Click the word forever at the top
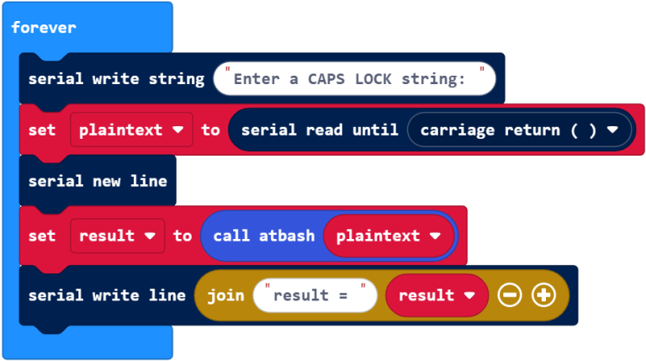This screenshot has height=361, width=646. [44, 28]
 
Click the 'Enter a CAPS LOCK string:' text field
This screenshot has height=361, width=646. [354, 79]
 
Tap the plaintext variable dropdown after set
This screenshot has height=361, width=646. [131, 130]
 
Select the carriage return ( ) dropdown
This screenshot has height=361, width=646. [518, 130]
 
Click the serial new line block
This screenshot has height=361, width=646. [98, 181]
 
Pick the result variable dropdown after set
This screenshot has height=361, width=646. [117, 236]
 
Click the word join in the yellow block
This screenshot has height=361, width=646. [225, 295]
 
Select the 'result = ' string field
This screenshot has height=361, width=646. [315, 295]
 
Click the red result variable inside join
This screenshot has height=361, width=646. [437, 295]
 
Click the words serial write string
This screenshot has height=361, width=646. [116, 79]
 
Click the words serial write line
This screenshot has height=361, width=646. [107, 295]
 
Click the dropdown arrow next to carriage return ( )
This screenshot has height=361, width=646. [612, 130]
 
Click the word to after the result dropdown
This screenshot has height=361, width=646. [183, 236]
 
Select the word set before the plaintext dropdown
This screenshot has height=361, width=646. [42, 130]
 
